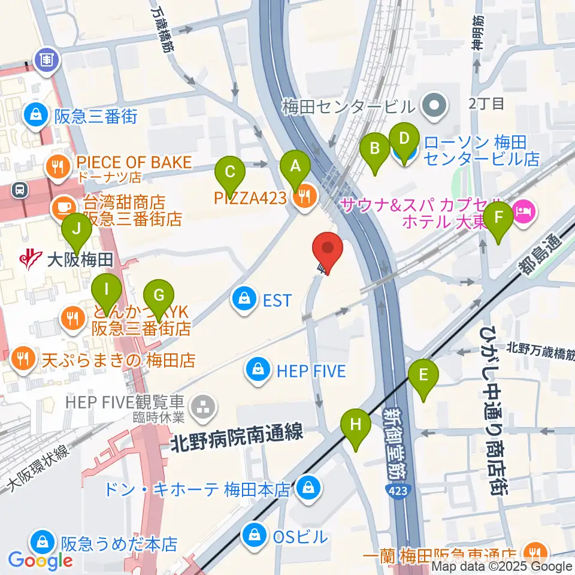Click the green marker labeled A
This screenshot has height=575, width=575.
[294, 167]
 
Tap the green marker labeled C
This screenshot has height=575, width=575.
[229, 173]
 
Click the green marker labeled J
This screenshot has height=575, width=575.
[76, 229]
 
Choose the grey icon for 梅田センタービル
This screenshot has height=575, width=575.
[434, 106]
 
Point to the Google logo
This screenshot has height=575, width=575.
[41, 560]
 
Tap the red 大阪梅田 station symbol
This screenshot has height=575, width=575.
[28, 259]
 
